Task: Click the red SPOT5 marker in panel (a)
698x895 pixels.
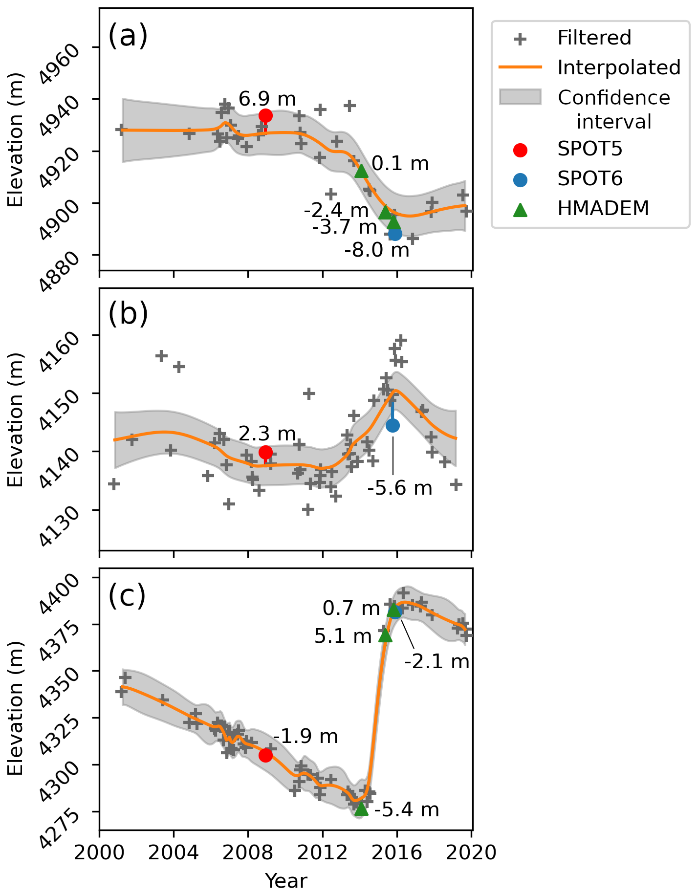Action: coord(265,116)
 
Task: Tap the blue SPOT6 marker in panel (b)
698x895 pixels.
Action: coord(393,425)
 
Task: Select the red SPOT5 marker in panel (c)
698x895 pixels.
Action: coord(265,755)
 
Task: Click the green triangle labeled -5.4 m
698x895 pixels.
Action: coord(361,809)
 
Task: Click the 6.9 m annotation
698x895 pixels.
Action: coord(267,99)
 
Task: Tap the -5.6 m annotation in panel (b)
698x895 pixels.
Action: coord(400,488)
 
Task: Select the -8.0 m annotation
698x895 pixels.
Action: coord(377,250)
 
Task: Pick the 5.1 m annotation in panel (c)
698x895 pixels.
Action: coord(343,636)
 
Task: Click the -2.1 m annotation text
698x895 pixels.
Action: coord(437,661)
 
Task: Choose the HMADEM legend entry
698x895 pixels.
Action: coord(603,209)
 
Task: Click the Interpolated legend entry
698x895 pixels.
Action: coord(619,67)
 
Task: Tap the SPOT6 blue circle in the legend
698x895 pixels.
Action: coord(521,179)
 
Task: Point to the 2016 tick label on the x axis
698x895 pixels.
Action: coord(397,852)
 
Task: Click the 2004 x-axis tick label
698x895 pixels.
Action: coord(174,852)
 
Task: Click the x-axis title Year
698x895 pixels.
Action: coord(286,880)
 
